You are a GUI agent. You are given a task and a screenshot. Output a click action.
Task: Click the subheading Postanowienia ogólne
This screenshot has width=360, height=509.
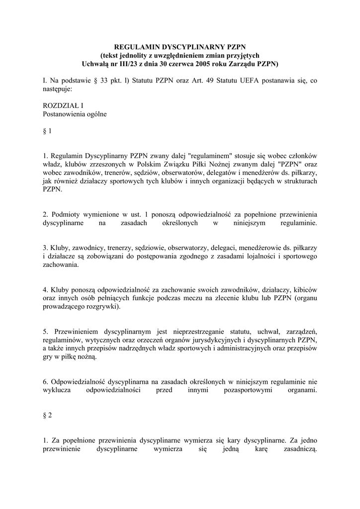click(x=75, y=114)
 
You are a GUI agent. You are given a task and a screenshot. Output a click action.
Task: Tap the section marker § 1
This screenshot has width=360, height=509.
click(x=47, y=132)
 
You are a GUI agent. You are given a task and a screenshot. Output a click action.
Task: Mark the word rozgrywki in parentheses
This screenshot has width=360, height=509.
click(x=103, y=307)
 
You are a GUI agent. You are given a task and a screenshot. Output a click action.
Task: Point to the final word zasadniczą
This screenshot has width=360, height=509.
click(x=296, y=449)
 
